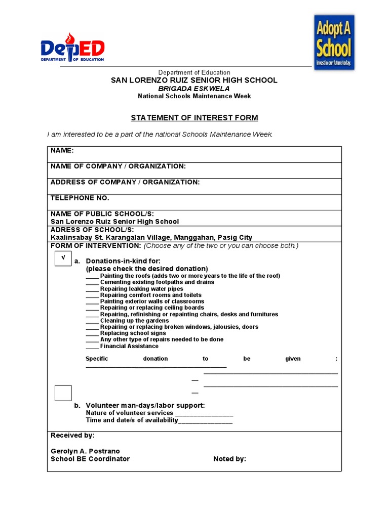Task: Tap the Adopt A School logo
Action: pos(334,42)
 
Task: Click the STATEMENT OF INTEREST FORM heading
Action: pos(194,118)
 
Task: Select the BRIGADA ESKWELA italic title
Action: pos(194,88)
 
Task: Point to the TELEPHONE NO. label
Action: pos(80,198)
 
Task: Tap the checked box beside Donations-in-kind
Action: pos(63,258)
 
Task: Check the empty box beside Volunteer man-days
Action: pos(63,393)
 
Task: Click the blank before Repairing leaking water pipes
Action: pos(92,289)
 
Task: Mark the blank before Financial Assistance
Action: pos(92,347)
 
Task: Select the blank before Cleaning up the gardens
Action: pos(92,321)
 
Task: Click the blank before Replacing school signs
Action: pos(92,334)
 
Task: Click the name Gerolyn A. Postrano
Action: pos(85,451)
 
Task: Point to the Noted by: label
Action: pos(229,459)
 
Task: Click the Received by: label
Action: pos(72,435)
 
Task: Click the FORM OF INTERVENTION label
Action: pos(96,245)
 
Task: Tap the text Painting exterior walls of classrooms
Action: pos(152,301)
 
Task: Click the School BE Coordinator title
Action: pos(90,459)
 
